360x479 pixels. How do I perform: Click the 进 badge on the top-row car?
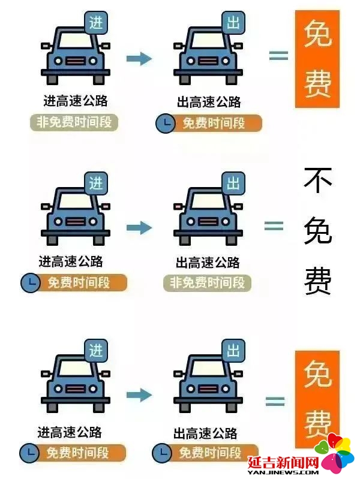tap(96, 23)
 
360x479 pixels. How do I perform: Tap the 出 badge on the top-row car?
tap(233, 23)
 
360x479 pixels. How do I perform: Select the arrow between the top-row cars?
tap(139, 58)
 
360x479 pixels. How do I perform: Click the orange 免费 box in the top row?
tap(317, 59)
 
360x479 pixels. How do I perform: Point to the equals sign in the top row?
tap(278, 55)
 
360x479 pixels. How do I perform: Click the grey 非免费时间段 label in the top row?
tap(74, 122)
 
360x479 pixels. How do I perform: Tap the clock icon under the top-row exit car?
tap(166, 123)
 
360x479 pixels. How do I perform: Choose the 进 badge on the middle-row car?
tap(96, 183)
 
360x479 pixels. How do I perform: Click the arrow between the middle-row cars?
tap(139, 227)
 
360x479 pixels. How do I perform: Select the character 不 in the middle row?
tap(318, 180)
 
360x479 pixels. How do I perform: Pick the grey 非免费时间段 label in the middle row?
tap(207, 283)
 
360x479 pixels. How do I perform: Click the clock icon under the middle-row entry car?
tap(30, 282)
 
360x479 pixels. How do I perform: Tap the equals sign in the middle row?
tap(274, 226)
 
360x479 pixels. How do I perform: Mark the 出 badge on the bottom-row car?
tap(233, 351)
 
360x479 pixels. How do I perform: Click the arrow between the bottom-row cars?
tap(139, 394)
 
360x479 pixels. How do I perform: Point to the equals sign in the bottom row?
tap(275, 401)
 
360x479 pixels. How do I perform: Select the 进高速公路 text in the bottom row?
tap(70, 432)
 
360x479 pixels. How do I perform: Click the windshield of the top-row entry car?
tap(76, 40)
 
